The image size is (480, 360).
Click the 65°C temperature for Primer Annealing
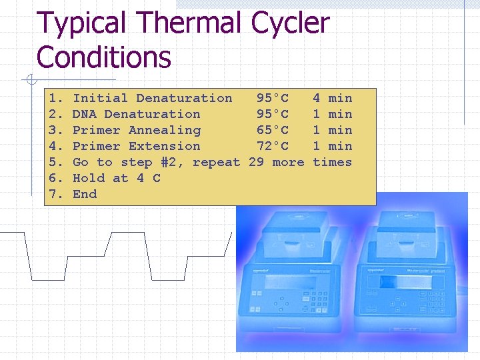273,130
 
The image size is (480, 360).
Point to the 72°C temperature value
273,146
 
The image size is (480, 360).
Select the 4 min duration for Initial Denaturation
332,98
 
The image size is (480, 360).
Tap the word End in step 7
85,194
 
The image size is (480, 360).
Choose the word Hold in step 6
89,178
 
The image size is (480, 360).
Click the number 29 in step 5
256,162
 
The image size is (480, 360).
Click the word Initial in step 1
100,98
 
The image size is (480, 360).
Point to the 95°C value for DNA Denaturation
273,114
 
